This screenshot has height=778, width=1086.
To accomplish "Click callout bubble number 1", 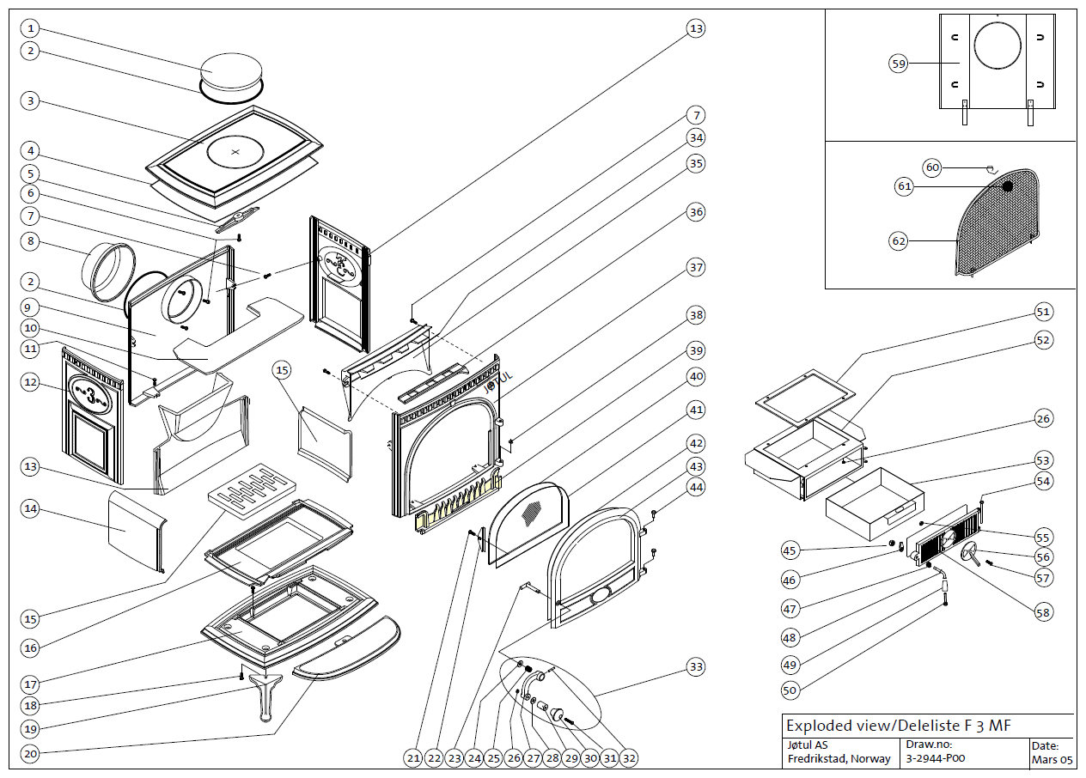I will (31, 28).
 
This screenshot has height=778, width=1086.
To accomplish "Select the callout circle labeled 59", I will (899, 64).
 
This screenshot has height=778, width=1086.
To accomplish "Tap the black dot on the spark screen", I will (1008, 185).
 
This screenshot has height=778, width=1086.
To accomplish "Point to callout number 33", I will (696, 666).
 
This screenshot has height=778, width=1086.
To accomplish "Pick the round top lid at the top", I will (230, 70).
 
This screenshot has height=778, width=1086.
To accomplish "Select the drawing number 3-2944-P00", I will (934, 759).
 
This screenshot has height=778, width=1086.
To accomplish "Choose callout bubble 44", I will (696, 487).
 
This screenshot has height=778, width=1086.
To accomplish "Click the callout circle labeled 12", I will (31, 383).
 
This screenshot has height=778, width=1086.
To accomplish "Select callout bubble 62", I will (899, 241).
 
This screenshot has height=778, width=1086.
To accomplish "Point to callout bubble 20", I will (31, 756).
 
